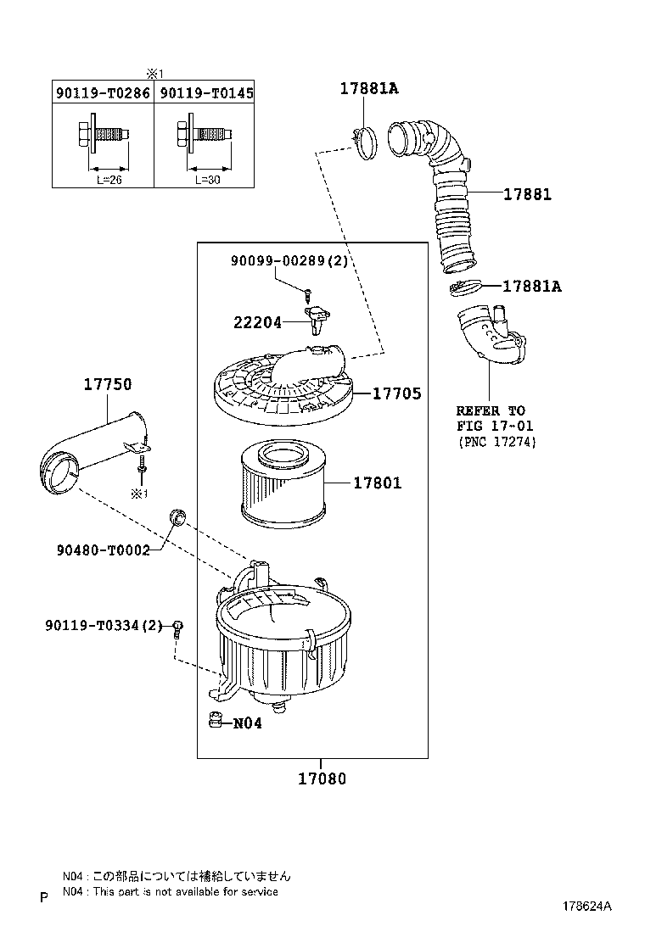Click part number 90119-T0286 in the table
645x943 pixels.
(x=103, y=92)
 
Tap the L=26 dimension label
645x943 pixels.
(x=109, y=180)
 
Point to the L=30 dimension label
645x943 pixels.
(x=208, y=180)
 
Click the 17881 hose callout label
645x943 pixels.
(x=527, y=194)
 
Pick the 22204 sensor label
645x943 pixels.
(x=257, y=323)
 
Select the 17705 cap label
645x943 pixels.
(x=397, y=393)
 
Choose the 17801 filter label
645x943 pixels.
(x=378, y=483)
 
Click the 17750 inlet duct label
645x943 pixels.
(x=108, y=384)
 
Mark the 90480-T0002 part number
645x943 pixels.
(x=104, y=550)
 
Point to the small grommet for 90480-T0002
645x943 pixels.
(x=177, y=516)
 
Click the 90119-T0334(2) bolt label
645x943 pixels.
(x=104, y=626)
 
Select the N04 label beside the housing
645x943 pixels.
(x=247, y=723)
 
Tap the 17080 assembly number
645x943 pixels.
(x=322, y=778)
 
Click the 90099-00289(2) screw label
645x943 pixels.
(x=289, y=261)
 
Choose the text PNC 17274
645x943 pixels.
(x=497, y=442)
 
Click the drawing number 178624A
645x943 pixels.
(x=587, y=907)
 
